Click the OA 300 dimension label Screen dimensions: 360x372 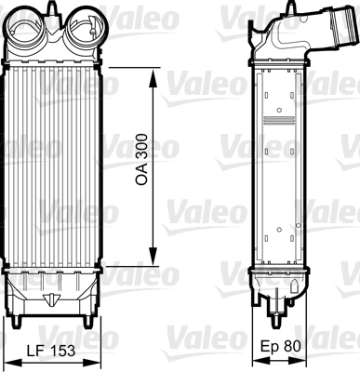point(141,160)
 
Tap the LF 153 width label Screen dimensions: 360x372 point(51,351)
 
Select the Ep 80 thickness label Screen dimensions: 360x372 point(281,346)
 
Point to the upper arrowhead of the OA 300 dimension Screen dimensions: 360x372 point(153,78)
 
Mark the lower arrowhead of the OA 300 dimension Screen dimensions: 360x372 point(153,257)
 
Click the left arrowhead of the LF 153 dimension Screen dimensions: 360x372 point(12,363)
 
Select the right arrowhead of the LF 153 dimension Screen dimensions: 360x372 point(92,363)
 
